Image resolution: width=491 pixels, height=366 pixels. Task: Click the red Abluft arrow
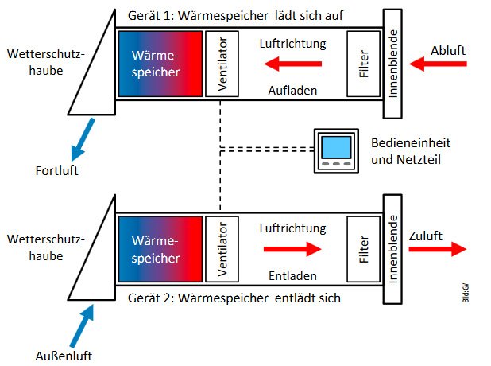tap(438, 64)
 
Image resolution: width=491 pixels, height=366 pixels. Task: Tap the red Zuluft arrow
tap(438, 249)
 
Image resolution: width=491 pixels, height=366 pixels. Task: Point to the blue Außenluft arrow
tap(82, 326)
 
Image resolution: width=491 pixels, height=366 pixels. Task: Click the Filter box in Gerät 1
tap(363, 64)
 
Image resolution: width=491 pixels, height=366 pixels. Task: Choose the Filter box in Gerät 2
tap(363, 249)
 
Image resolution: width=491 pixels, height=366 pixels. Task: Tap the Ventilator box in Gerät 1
tap(222, 64)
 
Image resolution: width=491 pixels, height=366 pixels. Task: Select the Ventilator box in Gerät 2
tap(222, 249)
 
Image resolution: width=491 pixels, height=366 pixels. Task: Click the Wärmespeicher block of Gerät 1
tap(160, 64)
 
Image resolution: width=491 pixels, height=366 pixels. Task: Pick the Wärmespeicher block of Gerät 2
tap(160, 249)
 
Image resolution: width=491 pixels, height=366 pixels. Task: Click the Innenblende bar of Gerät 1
tap(392, 64)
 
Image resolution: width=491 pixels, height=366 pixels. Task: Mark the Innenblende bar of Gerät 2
tap(392, 249)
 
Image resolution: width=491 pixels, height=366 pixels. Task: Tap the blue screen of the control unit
tap(336, 147)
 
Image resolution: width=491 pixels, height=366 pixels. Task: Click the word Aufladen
tap(292, 91)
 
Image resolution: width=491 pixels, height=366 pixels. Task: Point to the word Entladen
tap(292, 276)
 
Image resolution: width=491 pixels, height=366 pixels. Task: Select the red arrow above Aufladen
tap(293, 64)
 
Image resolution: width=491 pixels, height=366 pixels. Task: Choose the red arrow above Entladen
tap(293, 249)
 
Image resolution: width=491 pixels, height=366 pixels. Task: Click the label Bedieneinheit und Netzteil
tap(411, 151)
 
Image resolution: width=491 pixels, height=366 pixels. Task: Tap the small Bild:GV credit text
tap(466, 293)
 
